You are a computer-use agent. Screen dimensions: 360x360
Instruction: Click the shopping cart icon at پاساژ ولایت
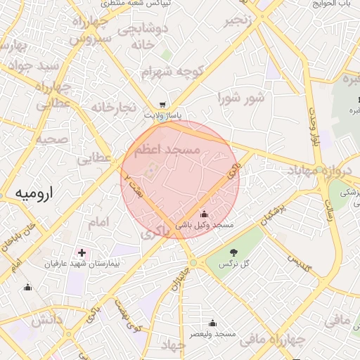coord(163,104)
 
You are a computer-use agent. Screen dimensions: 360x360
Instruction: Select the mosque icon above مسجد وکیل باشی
coord(204,214)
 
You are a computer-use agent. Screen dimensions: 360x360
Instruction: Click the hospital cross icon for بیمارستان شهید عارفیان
coord(82,252)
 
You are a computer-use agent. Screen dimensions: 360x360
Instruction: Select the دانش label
coord(46,320)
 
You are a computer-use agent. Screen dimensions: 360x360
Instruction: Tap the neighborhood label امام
coord(99,222)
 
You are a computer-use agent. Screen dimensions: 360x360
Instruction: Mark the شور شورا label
coord(241,97)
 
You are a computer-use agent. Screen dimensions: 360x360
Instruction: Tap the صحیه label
coord(51,139)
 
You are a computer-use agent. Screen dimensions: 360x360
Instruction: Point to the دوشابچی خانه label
coord(143,37)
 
